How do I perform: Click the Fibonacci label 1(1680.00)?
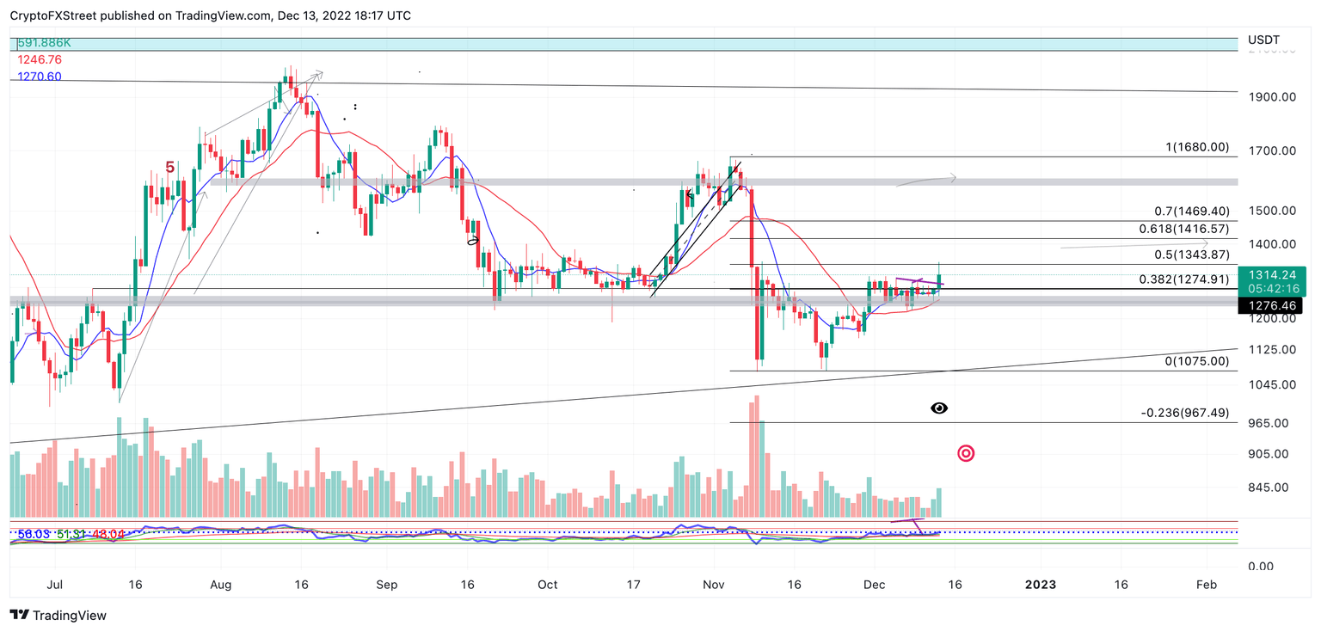[1197, 147]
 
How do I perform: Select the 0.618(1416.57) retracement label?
[1183, 229]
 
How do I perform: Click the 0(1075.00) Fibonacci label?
[1197, 361]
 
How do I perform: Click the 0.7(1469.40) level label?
[1191, 211]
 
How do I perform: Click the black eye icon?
[939, 408]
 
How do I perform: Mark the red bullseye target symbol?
[966, 453]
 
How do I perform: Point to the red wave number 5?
[170, 168]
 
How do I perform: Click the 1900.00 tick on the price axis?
[1270, 97]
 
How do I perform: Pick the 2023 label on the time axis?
[1041, 585]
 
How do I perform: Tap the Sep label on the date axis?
[386, 585]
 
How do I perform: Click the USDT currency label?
[1263, 40]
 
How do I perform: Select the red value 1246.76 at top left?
[39, 59]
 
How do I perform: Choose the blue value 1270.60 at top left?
[39, 77]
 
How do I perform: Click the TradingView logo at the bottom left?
[58, 615]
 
